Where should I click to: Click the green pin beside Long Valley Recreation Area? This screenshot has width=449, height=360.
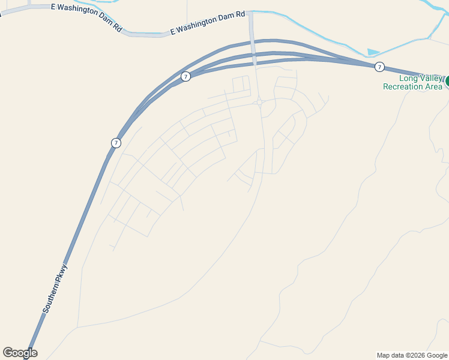pos(447,80)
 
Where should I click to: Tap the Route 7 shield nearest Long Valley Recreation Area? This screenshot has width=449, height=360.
pos(379,67)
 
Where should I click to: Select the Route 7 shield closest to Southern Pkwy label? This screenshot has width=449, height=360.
pos(116,143)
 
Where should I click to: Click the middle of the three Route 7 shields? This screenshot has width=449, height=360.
pos(186,76)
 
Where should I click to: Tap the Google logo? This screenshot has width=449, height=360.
pos(20,353)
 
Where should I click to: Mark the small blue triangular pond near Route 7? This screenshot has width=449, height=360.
pos(373,53)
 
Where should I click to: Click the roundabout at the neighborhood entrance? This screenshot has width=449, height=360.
pos(259,103)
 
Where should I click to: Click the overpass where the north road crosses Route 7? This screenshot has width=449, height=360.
pos(254,57)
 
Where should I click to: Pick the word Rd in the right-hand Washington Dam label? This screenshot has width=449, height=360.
pos(241,14)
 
